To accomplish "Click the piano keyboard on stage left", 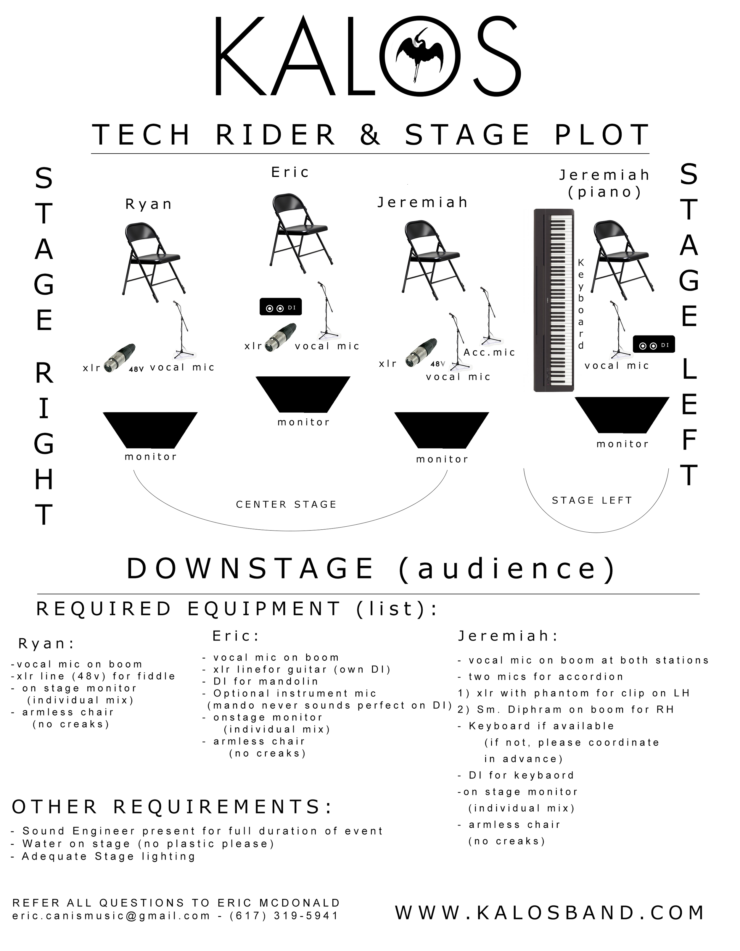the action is coord(554,299).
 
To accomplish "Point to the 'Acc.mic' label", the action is coord(489,352).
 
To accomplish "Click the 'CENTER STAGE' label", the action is coord(286,504).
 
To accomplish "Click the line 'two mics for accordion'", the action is coord(546,677).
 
